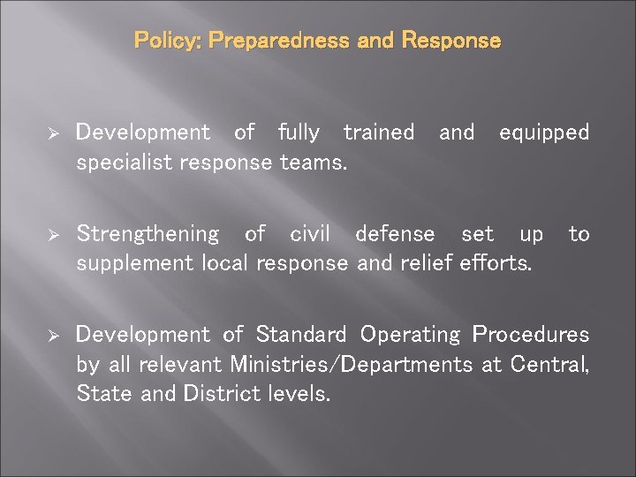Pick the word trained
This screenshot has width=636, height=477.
(378, 132)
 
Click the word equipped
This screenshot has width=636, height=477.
(543, 132)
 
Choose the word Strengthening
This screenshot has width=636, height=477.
(148, 234)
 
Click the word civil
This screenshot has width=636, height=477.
(310, 234)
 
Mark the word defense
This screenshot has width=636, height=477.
(395, 234)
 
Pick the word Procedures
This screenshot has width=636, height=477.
(530, 335)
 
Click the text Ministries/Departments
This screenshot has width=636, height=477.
(351, 364)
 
